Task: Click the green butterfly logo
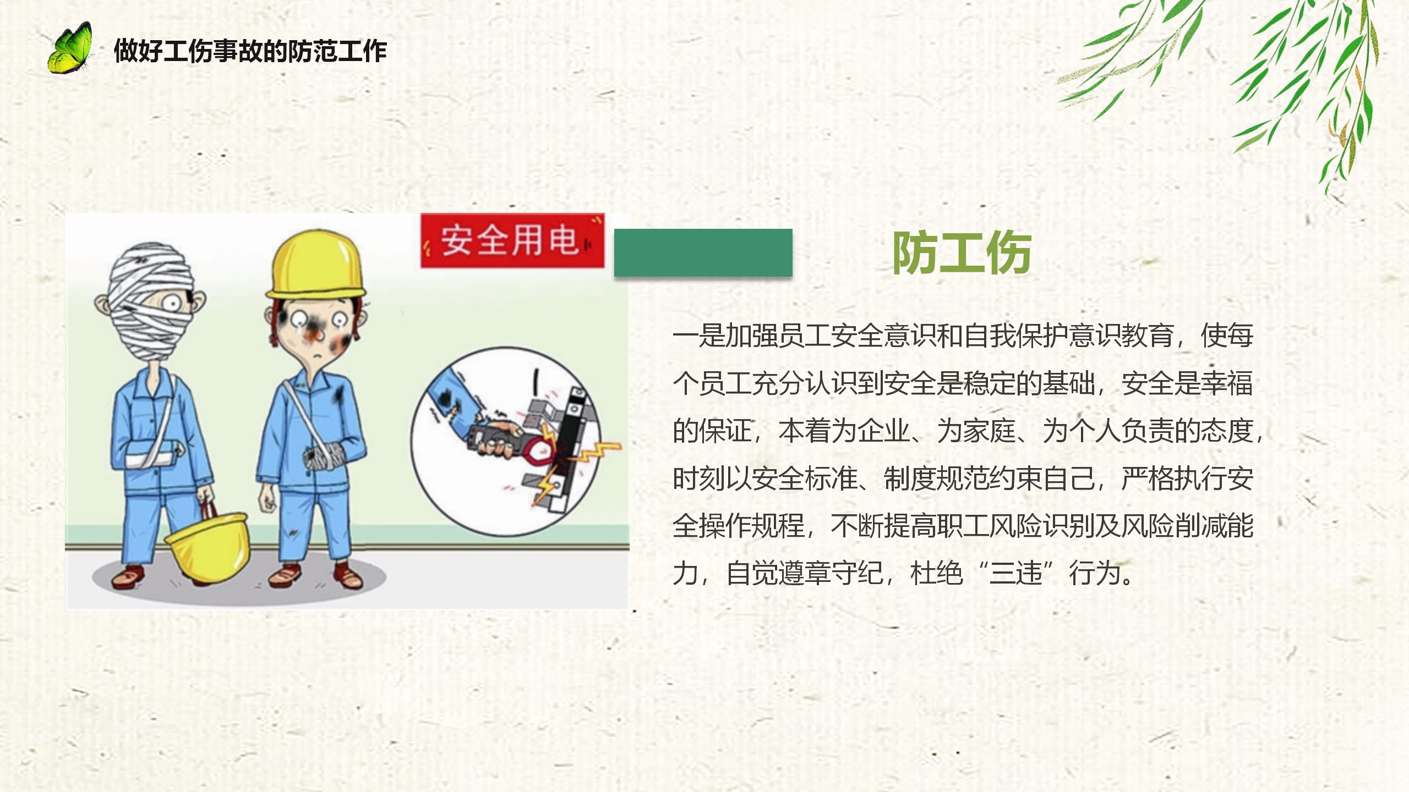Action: pos(70,48)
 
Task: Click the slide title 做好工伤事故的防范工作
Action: pos(250,51)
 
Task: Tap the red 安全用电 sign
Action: pos(512,240)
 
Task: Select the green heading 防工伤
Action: pos(962,252)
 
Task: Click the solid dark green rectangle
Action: pos(703,252)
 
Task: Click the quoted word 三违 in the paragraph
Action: pos(1016,573)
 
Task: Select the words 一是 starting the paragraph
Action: pos(699,335)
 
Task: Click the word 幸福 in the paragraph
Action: pos(1227,383)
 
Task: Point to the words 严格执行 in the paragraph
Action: pos(1174,479)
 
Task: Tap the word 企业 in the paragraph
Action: pos(884,431)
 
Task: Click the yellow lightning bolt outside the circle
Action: pos(594,452)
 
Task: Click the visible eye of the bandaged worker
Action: pos(172,303)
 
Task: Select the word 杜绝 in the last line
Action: pos(937,573)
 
